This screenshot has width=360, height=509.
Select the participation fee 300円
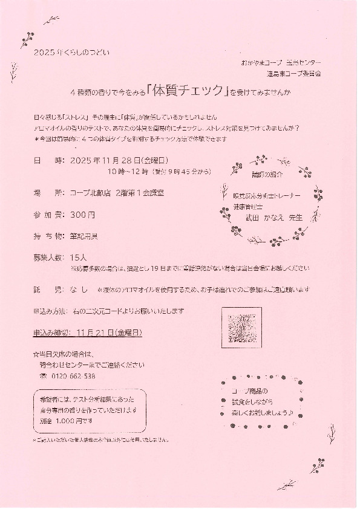point(82,215)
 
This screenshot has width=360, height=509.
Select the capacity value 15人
point(79,257)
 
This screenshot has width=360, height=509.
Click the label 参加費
point(48,215)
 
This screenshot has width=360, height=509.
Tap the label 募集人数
point(48,257)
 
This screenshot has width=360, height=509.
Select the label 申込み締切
point(51,333)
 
